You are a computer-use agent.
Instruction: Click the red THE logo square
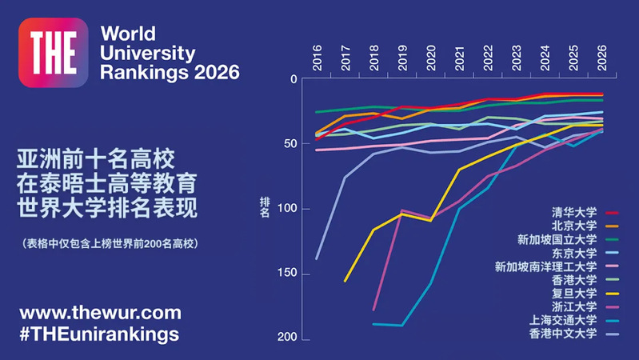[x=53, y=53]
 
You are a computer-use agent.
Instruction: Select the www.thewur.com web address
[x=101, y=312]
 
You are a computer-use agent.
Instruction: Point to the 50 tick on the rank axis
[x=290, y=144]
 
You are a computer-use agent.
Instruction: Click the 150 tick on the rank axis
[x=286, y=274]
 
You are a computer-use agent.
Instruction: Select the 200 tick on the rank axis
[x=286, y=339]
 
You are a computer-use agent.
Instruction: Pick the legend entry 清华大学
[x=574, y=213]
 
